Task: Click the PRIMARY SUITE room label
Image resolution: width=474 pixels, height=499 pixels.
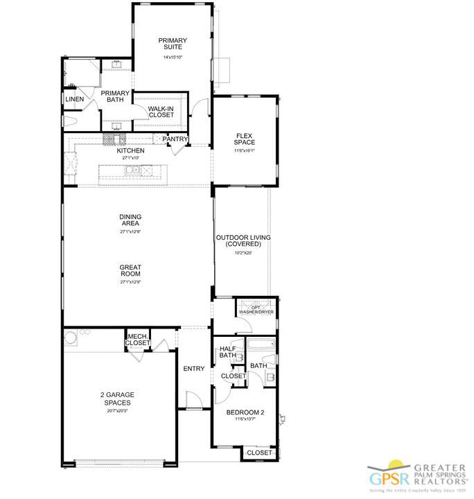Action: tap(173, 44)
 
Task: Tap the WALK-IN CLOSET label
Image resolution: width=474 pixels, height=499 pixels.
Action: tap(161, 111)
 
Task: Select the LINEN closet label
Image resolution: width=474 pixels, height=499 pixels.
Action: tap(75, 100)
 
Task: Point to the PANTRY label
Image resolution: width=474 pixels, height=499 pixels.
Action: tap(175, 139)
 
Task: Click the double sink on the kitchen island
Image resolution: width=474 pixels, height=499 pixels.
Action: tap(134, 170)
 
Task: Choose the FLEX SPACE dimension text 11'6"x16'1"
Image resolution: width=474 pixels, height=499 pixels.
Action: tap(244, 150)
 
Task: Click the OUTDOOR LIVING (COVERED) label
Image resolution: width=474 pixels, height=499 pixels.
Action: tap(243, 240)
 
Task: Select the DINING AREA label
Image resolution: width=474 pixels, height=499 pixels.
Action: tap(130, 220)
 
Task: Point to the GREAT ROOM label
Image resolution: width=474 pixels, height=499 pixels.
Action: tap(130, 270)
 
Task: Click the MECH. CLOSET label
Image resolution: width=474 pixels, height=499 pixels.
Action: tap(137, 340)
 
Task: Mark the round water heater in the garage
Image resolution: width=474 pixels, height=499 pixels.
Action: tap(70, 338)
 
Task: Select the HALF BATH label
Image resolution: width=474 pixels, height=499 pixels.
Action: tap(228, 353)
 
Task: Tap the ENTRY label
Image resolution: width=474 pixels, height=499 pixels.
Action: tap(194, 369)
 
